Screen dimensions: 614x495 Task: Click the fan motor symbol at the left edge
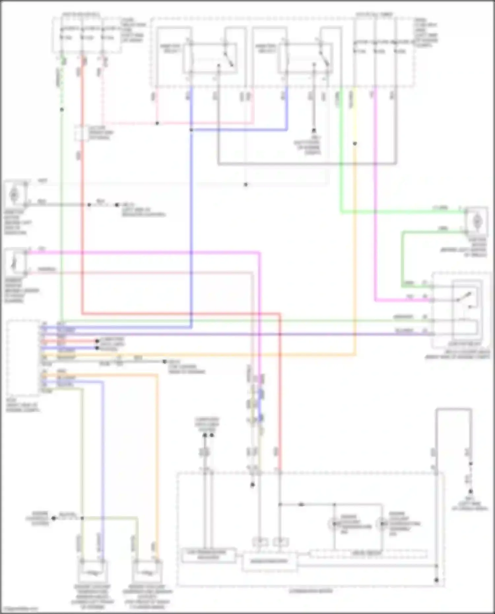14,195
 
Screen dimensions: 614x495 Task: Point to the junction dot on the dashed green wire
62,110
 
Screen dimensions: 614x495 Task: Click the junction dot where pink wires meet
157,123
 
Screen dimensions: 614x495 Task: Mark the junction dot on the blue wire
191,130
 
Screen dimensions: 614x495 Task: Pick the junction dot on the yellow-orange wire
355,144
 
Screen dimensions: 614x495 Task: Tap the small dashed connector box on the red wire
81,133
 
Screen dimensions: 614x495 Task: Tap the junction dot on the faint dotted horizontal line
246,185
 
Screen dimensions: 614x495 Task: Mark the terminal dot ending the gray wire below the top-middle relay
314,131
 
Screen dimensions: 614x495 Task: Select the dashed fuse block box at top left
86,35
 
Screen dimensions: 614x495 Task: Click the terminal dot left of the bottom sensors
53,518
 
